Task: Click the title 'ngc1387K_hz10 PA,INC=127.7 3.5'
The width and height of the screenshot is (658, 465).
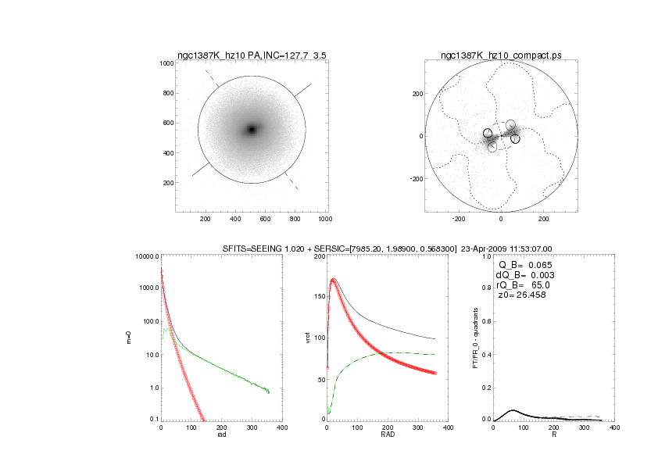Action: (249, 55)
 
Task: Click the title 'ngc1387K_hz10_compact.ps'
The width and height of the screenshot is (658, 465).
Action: (501, 55)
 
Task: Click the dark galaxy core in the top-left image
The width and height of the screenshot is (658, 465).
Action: (252, 129)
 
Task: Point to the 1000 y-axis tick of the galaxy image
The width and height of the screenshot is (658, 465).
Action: (165, 63)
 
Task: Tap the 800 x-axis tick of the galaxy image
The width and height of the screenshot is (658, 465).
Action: (295, 220)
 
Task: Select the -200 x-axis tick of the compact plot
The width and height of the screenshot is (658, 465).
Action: (459, 220)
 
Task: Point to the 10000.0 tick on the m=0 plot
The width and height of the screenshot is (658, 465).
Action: (147, 256)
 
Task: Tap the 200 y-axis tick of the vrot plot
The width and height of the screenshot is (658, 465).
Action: (319, 256)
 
